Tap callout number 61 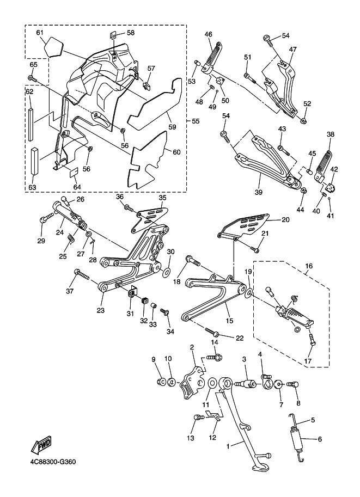[40, 33]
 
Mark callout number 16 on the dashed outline [309, 267]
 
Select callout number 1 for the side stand [229, 445]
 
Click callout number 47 [292, 49]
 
